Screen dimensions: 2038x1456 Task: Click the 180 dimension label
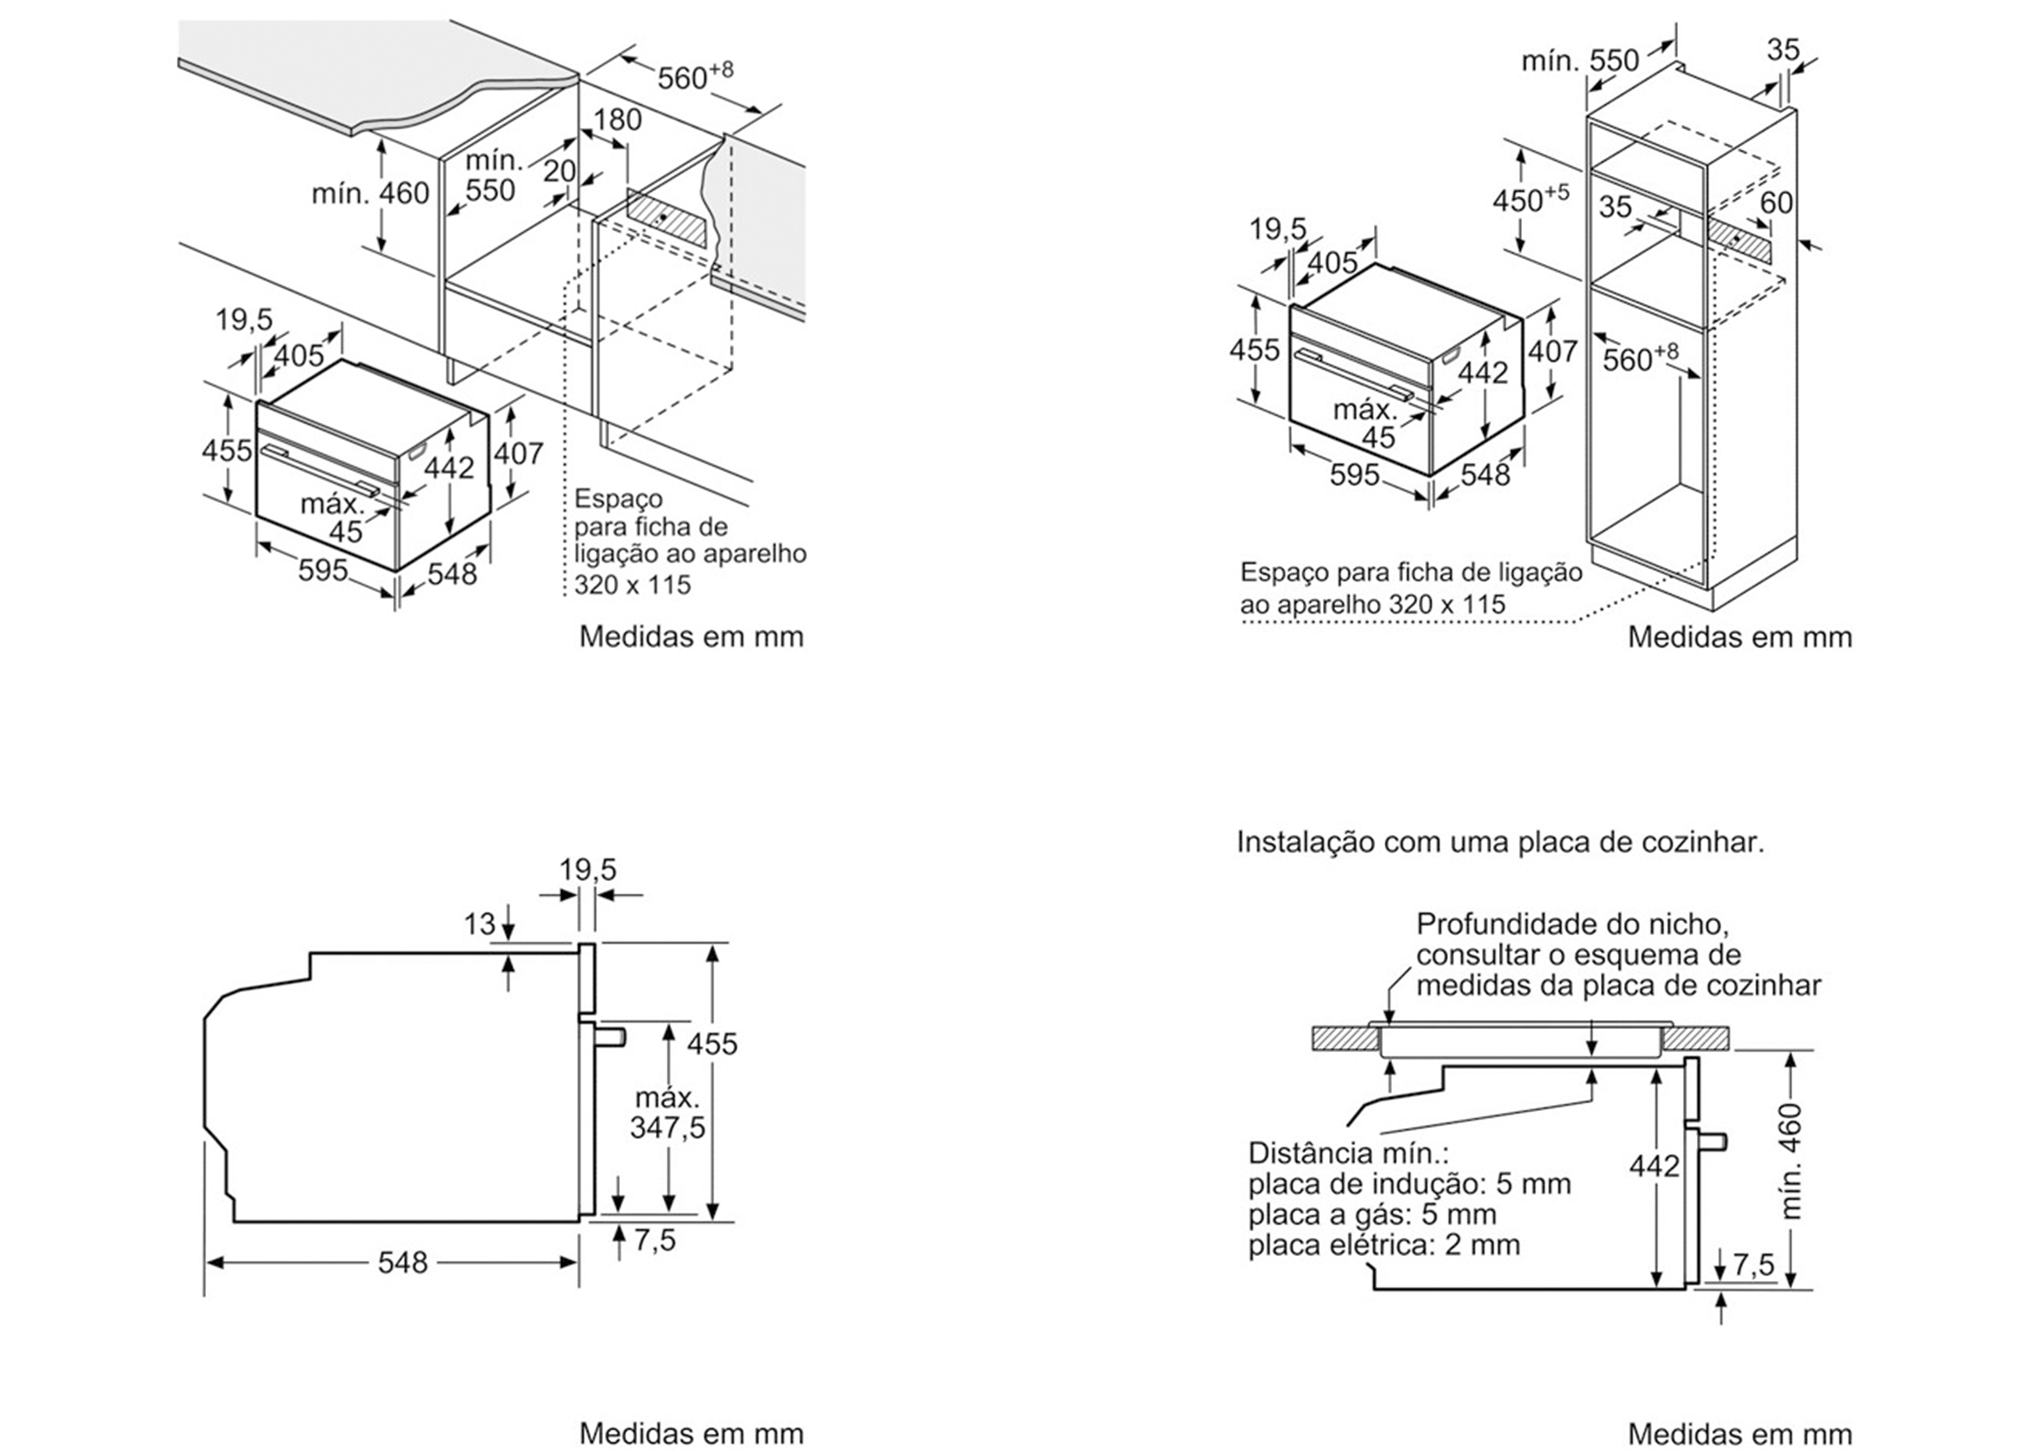click(617, 119)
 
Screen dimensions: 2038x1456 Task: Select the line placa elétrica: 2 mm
click(1384, 1245)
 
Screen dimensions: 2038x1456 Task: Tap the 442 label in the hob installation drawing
click(1654, 1165)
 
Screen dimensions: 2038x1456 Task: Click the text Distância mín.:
click(1348, 1153)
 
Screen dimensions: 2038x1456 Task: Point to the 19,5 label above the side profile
click(588, 870)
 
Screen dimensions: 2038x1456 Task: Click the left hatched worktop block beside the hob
click(1345, 1038)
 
